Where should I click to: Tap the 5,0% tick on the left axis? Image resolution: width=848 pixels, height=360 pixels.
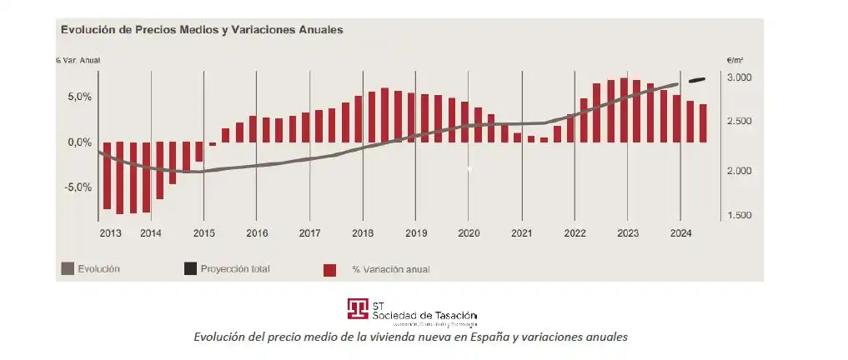[80, 97]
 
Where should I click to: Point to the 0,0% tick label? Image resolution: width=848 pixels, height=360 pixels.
[80, 142]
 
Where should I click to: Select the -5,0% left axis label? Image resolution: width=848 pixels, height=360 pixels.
[79, 187]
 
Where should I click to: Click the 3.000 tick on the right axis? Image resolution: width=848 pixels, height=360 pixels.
[740, 77]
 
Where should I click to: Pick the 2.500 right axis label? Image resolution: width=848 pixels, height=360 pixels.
[740, 122]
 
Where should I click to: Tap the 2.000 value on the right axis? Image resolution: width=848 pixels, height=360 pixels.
[740, 171]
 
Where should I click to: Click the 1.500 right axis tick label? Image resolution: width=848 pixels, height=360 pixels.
[740, 216]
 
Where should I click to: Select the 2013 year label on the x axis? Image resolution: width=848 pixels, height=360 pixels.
[110, 233]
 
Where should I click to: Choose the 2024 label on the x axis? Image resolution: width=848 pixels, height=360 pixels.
[680, 233]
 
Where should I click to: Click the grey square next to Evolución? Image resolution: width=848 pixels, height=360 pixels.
[68, 269]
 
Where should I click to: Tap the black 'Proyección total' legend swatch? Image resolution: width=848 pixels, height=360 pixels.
[191, 269]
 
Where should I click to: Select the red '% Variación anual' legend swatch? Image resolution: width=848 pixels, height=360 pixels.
[330, 270]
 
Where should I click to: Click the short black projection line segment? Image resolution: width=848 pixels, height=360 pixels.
[697, 80]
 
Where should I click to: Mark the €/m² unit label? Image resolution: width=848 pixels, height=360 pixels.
[735, 60]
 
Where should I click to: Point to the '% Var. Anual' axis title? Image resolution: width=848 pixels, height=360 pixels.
[78, 60]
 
